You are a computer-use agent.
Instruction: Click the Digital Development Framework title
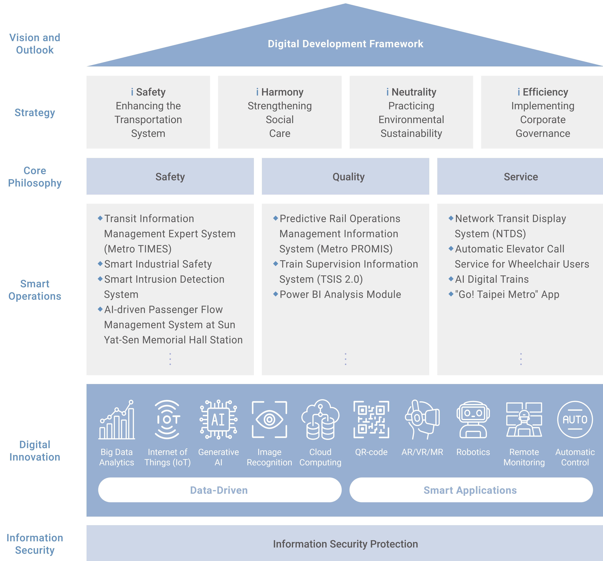tap(346, 44)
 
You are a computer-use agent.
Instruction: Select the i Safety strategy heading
tap(148, 92)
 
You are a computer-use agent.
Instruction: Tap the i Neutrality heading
tap(411, 92)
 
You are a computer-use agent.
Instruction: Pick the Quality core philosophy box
tap(346, 176)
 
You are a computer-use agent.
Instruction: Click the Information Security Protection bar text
tap(346, 544)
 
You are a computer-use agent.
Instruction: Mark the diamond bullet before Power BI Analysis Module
tap(275, 294)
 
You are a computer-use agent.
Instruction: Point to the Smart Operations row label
tap(35, 290)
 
